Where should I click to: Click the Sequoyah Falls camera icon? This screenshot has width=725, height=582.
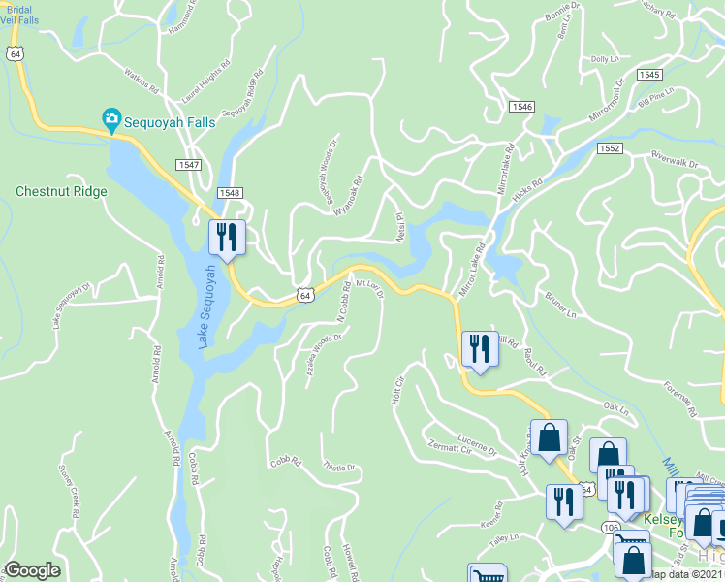click(111, 119)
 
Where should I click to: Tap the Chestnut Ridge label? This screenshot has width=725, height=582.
click(61, 191)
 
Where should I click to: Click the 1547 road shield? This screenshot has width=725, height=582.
click(188, 166)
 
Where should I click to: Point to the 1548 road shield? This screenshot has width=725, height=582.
click(229, 192)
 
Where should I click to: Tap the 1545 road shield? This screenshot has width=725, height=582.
click(649, 75)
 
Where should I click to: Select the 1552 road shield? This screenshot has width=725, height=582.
click(609, 147)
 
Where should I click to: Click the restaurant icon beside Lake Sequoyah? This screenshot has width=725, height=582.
click(228, 236)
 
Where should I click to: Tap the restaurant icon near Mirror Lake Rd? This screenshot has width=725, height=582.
click(480, 347)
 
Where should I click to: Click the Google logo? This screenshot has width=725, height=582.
click(32, 570)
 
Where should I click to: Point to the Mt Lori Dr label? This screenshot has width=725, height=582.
click(370, 288)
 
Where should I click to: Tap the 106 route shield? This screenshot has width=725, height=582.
click(609, 527)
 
